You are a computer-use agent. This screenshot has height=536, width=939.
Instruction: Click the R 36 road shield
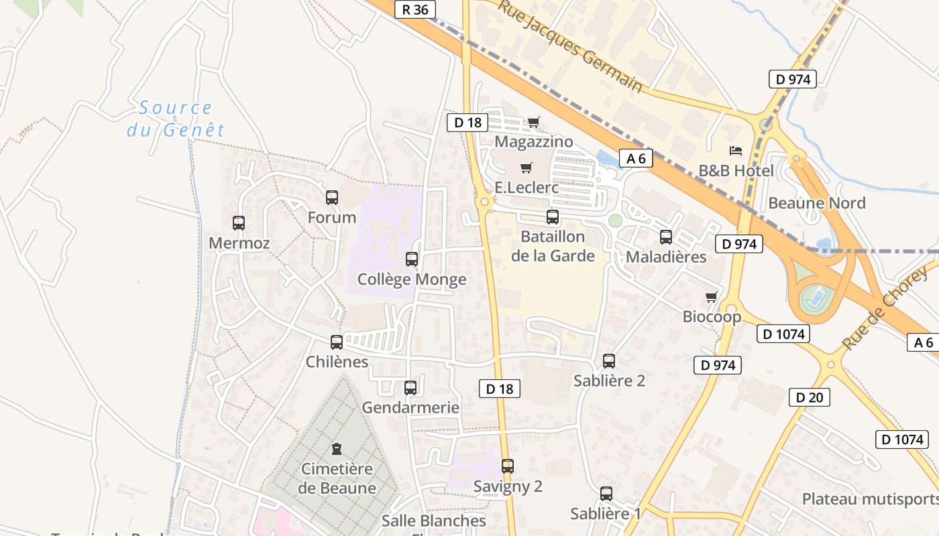click(x=415, y=9)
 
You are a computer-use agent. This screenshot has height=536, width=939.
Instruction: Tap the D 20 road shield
click(x=809, y=397)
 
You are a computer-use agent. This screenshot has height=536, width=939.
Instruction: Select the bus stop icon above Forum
click(x=332, y=198)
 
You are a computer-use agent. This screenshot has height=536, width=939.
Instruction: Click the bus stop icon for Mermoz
click(x=239, y=223)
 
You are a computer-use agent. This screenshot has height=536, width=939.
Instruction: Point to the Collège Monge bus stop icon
click(x=412, y=259)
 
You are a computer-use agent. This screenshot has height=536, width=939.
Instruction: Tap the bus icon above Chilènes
click(x=337, y=342)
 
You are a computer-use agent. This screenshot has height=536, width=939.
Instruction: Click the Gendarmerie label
click(x=410, y=407)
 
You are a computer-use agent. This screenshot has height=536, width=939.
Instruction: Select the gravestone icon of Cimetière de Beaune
click(x=337, y=449)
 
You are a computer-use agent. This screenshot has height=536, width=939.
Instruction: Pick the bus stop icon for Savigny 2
click(x=508, y=466)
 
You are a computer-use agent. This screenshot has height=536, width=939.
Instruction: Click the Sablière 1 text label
click(x=606, y=514)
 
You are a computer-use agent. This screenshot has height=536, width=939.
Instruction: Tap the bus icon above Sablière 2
click(x=609, y=361)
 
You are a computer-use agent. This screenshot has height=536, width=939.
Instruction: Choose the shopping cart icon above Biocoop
click(x=712, y=297)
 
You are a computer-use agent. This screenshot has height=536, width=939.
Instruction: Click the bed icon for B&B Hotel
click(x=736, y=151)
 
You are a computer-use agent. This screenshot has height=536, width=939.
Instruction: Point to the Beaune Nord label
click(x=817, y=203)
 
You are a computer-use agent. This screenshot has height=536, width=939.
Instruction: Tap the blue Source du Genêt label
click(x=176, y=119)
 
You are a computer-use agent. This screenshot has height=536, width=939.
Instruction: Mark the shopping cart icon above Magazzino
click(x=533, y=122)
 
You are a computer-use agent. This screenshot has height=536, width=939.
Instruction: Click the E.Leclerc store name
click(x=527, y=188)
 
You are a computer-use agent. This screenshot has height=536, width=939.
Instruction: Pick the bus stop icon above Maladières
click(x=666, y=237)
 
